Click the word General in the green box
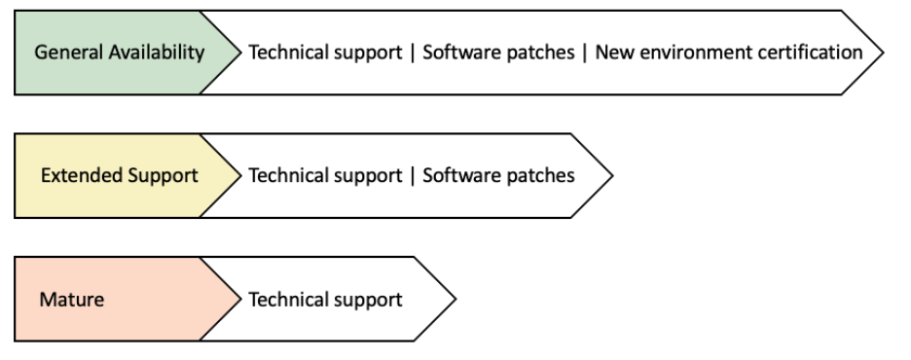[65, 53]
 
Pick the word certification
[811, 53]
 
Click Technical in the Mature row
[286, 300]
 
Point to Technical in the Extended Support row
[286, 176]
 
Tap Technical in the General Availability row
[286, 53]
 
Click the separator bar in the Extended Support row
[413, 176]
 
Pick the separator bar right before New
[584, 53]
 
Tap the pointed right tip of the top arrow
[882, 53]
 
